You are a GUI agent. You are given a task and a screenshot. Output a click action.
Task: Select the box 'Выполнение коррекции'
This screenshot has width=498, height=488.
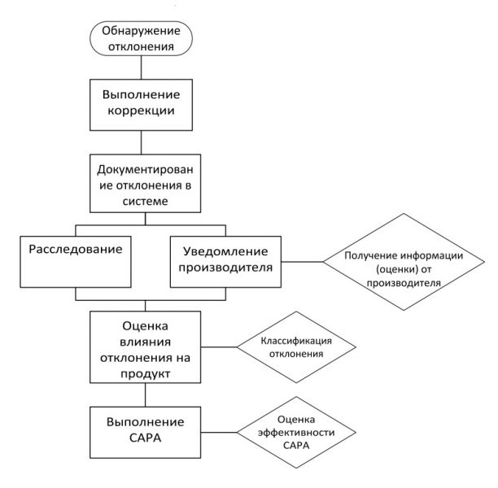pos(142,106)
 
